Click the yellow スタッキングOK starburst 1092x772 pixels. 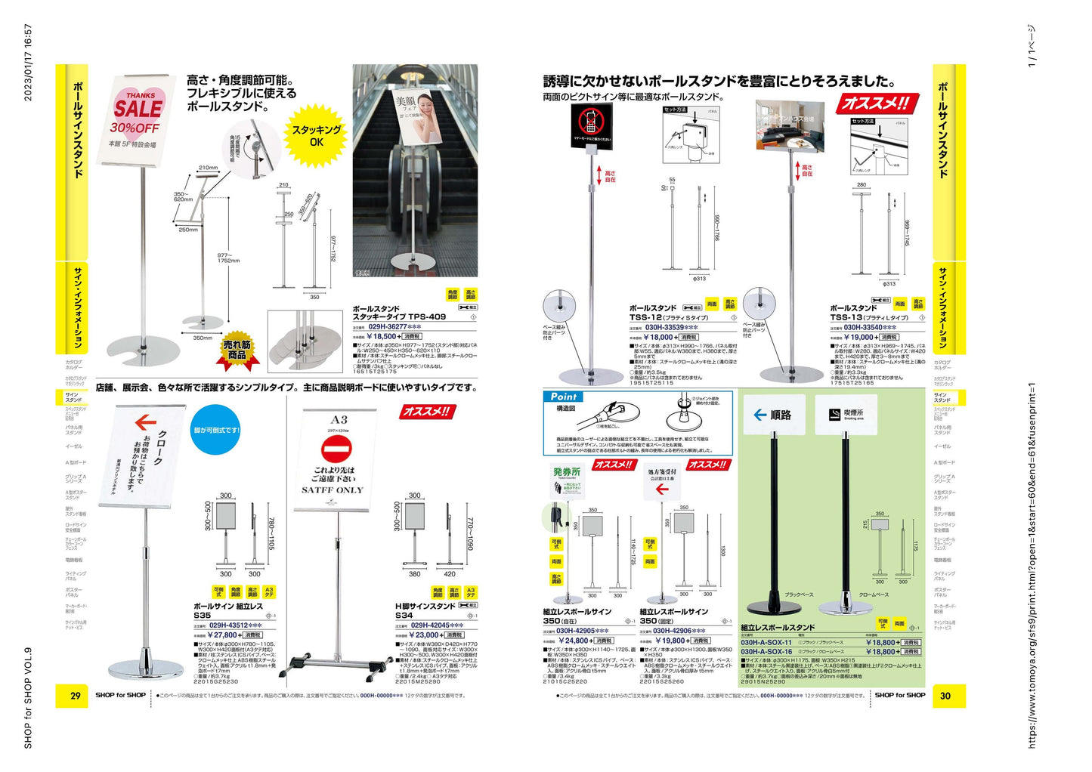click(x=316, y=136)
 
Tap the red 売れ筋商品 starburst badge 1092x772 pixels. click(x=237, y=350)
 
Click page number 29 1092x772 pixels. click(x=75, y=696)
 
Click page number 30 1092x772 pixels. click(x=945, y=696)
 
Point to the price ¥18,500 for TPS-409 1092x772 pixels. click(x=382, y=337)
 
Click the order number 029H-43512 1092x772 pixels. click(x=235, y=625)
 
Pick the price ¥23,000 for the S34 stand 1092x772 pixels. click(x=426, y=635)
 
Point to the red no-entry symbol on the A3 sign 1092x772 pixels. click(x=336, y=449)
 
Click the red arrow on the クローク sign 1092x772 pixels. click(x=145, y=423)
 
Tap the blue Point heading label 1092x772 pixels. click(x=563, y=397)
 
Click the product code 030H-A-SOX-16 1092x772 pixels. click(x=766, y=652)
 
